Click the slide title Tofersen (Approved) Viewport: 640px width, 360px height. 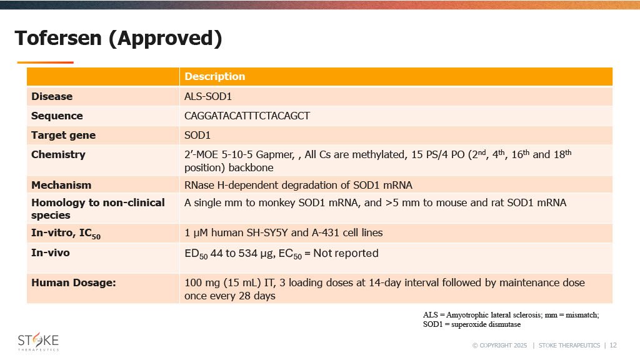[x=118, y=38]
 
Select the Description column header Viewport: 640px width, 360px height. [x=215, y=76]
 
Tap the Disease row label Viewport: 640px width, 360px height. [x=52, y=96]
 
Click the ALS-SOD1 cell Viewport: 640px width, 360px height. [x=207, y=96]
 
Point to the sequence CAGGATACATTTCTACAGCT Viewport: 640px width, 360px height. [x=247, y=116]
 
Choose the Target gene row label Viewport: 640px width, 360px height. [x=63, y=135]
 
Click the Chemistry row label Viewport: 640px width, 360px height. [x=58, y=154]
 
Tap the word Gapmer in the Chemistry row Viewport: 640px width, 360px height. [x=275, y=155]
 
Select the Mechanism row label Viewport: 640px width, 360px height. [x=61, y=185]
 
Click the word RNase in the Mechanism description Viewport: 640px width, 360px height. [x=199, y=185]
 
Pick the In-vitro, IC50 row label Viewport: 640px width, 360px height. [x=66, y=234]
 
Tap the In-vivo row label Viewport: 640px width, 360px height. [x=51, y=252]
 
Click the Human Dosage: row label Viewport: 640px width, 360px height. [x=74, y=283]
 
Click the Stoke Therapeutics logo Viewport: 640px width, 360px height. [x=38, y=342]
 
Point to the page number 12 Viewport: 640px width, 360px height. [x=613, y=345]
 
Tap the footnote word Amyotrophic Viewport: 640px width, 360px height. [x=467, y=315]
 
